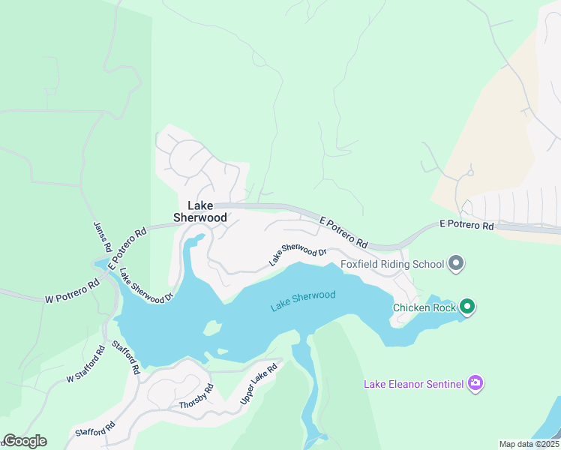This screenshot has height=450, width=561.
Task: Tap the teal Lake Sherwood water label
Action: pos(303,300)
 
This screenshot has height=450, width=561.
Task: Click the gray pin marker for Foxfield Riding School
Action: pos(456,263)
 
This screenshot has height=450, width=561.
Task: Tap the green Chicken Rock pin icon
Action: pos(467,306)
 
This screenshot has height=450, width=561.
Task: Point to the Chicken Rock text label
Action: pos(424,307)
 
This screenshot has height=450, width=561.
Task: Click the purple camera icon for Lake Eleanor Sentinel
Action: pos(475,384)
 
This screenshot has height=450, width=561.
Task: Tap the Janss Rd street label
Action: pos(103,238)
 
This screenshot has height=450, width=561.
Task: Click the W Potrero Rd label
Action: pos(72,292)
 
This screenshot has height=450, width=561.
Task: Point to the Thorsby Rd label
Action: pos(196,397)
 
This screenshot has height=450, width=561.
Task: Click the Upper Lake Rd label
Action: pos(259,385)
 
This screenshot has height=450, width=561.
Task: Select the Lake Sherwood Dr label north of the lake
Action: pos(298,255)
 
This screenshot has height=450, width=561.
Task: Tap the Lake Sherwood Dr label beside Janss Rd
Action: pos(146,285)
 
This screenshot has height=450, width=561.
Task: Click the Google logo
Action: pos(25,441)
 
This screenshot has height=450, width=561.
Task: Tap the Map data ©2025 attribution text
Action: pos(529,444)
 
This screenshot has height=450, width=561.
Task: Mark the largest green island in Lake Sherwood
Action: pos(213,328)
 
